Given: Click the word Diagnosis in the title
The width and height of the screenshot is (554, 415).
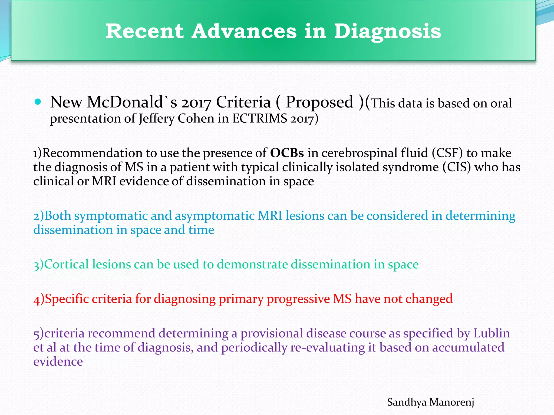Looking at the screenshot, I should tap(387, 32).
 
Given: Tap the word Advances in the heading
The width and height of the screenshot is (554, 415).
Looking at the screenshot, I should tap(244, 31).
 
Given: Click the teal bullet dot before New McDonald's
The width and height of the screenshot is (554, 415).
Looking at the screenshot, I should tap(38, 102).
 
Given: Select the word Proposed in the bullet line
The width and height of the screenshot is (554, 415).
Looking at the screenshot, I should tap(319, 102).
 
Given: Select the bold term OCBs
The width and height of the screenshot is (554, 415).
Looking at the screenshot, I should tap(287, 153).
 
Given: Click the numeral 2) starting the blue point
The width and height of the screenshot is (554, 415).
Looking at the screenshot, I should tap(39, 216).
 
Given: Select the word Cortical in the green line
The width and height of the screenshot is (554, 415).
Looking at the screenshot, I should tap(66, 264).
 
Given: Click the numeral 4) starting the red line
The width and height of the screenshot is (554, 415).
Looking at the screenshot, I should tap(39, 299).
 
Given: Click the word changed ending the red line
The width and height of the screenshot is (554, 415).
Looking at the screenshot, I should tap(429, 299).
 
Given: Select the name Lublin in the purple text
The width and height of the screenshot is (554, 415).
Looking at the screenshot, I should tap(492, 333).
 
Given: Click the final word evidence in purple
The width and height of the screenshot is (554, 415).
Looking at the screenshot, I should tap(58, 362).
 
